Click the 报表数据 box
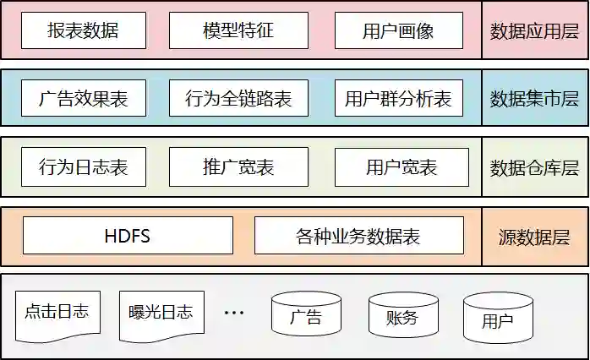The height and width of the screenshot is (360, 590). tap(83, 31)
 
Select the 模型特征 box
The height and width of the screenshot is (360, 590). tap(238, 31)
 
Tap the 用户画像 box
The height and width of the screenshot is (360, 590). tap(398, 31)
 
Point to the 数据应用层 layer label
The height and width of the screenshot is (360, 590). tap(534, 31)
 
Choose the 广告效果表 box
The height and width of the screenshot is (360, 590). tap(83, 99)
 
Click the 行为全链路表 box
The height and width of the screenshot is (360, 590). tap(238, 99)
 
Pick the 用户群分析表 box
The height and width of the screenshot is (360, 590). tap(398, 99)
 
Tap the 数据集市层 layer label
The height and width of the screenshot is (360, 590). tap(534, 99)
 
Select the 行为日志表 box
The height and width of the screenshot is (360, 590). tap(83, 166)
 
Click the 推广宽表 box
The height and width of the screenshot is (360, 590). tap(238, 166)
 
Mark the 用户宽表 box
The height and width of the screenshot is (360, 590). tap(401, 166)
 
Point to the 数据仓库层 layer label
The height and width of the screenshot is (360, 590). tap(534, 166)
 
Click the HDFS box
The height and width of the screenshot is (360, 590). tap(128, 235)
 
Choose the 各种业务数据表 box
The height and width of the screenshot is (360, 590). tap(358, 235)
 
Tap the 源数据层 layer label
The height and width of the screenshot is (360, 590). tap(534, 236)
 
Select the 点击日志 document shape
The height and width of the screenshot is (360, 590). tap(57, 313)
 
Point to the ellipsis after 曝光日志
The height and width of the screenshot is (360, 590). tap(233, 313)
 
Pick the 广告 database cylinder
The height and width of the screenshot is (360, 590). tap(306, 315)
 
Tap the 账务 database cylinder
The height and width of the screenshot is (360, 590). tap(402, 315)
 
